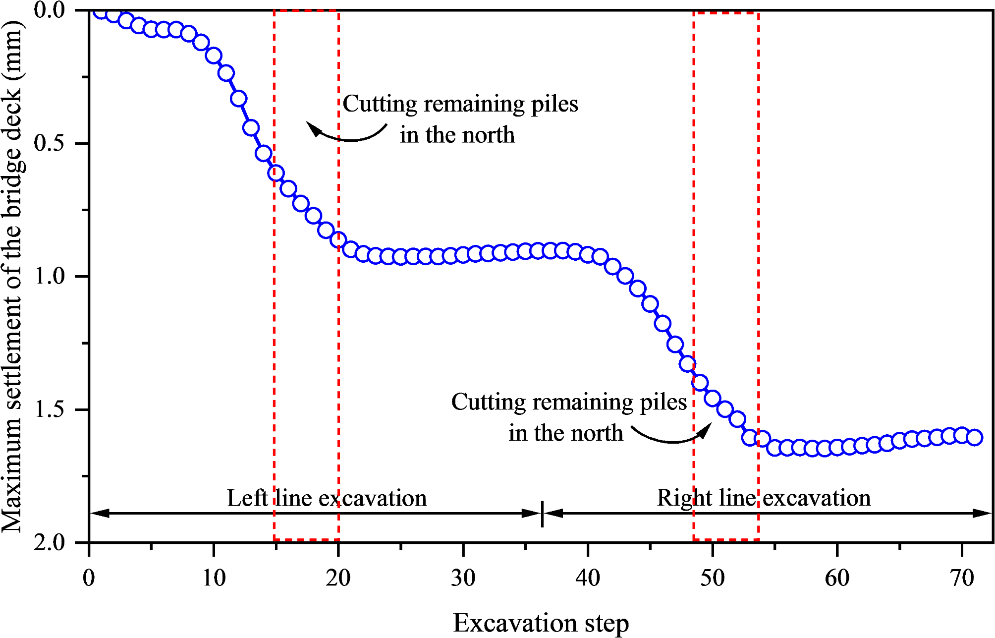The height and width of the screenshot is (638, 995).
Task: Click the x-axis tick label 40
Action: (588, 578)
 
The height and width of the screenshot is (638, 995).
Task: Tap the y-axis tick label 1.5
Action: (50, 409)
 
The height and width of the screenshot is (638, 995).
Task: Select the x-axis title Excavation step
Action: (541, 623)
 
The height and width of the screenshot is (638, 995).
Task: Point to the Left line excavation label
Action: (327, 498)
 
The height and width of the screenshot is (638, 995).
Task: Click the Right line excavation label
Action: (764, 498)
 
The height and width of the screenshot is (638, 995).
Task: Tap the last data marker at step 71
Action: (974, 438)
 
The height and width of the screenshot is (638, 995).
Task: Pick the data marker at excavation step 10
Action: (214, 56)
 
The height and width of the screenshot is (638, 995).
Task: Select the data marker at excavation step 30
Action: (463, 255)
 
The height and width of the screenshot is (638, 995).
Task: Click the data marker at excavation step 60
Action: (837, 447)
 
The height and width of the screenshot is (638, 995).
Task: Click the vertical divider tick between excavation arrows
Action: (542, 514)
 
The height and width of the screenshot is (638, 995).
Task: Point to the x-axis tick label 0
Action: (89, 578)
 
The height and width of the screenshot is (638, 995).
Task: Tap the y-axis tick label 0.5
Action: (50, 143)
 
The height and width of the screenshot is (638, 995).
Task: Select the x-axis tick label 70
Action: (962, 578)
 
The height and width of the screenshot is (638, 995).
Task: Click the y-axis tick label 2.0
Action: (50, 542)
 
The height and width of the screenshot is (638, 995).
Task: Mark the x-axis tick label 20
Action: (338, 578)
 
